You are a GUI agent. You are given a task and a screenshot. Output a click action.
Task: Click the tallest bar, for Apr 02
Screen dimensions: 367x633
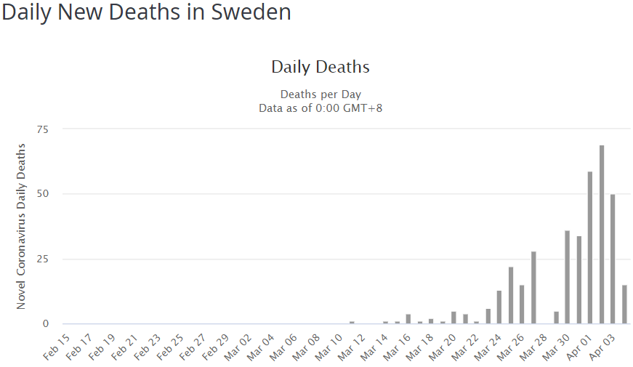602,235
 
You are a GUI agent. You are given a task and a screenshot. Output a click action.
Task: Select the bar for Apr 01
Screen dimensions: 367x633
590,248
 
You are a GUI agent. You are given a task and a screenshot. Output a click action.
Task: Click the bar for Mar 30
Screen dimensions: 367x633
568,277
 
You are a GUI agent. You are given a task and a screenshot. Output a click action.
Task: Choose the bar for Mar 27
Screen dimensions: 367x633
533,288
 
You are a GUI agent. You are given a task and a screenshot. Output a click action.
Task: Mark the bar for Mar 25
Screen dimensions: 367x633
511,296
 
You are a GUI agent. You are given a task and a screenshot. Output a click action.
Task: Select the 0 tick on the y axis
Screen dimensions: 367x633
45,324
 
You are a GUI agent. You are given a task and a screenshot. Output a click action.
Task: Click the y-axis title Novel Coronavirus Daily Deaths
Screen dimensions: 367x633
21,226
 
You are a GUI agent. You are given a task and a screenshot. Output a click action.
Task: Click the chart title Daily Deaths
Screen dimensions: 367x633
320,67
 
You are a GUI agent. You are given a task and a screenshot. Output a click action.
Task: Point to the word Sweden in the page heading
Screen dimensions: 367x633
251,12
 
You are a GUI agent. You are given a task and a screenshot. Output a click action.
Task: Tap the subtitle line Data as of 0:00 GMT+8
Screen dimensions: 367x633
320,108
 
